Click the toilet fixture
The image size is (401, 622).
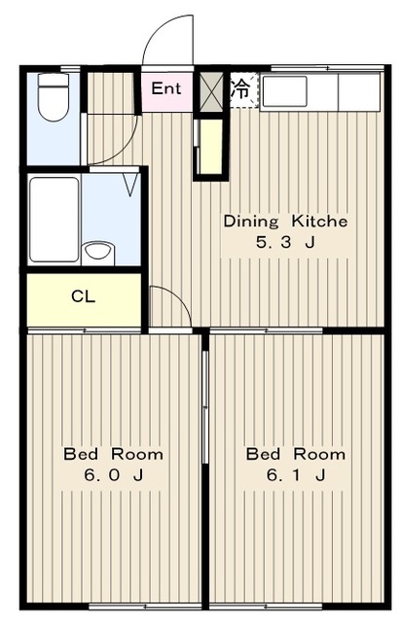[x=54, y=96]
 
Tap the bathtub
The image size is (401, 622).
[x=55, y=220]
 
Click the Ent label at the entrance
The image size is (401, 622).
[x=166, y=88]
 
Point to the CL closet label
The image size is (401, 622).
[x=83, y=296]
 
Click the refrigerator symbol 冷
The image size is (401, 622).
[x=240, y=89]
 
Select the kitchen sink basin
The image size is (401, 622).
[x=284, y=91]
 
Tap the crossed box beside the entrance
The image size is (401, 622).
[x=211, y=90]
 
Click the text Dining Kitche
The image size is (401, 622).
[x=285, y=221]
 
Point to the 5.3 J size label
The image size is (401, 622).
[x=285, y=242]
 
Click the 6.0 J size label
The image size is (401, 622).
[x=113, y=474]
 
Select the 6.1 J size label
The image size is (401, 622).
[x=296, y=474]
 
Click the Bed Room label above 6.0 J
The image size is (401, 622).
[x=113, y=454]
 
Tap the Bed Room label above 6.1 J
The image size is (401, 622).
[x=296, y=454]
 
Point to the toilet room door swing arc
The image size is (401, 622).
[x=125, y=149]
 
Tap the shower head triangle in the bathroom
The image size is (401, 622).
[x=130, y=185]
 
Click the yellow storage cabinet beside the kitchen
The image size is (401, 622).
[x=210, y=147]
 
